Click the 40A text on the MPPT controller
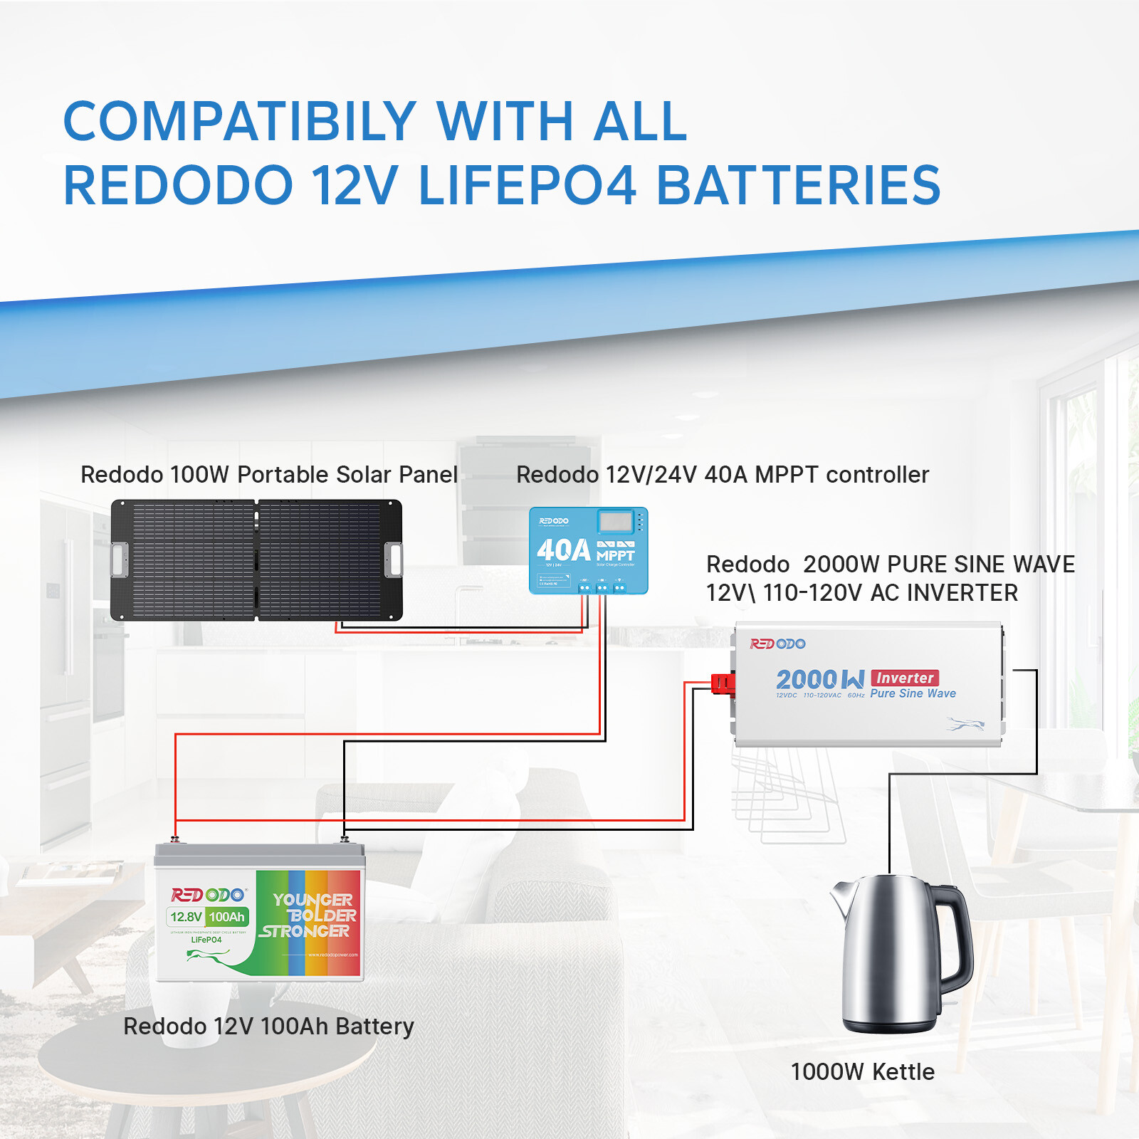point(563,550)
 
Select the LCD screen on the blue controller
point(616,523)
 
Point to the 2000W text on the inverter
point(819,681)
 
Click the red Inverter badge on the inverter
point(905,678)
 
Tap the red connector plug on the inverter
point(722,684)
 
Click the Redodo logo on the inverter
point(777,644)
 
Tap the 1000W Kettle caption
point(862,1072)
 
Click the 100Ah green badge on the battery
point(227,917)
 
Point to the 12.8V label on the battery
point(187,917)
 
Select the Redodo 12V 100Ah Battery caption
point(268,1027)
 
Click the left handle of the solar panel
point(120,560)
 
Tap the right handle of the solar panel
point(394,560)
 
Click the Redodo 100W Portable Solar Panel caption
point(268,475)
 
